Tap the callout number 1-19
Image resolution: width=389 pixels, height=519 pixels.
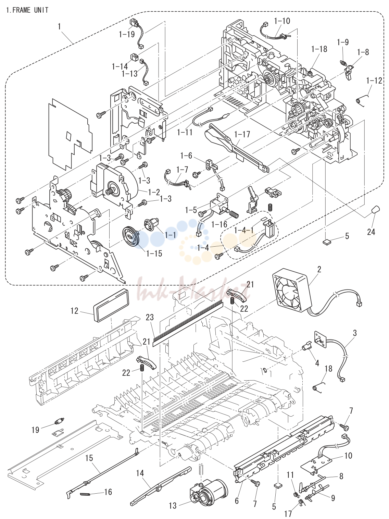(x=127, y=35)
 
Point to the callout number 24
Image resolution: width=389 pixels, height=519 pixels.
(x=371, y=232)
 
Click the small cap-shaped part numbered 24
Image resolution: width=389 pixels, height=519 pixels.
(x=375, y=210)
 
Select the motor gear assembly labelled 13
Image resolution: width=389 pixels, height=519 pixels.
(x=209, y=496)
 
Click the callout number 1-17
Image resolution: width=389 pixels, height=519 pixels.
(x=242, y=134)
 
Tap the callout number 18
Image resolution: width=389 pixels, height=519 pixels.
(x=328, y=369)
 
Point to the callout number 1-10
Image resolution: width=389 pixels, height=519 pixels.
(x=282, y=21)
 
